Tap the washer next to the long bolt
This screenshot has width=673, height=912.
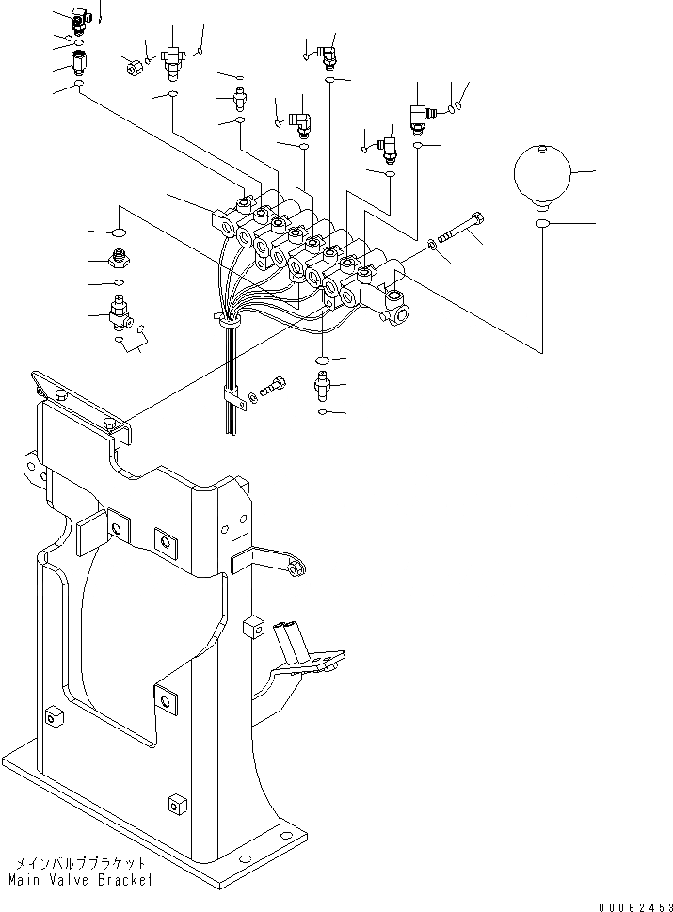[x=432, y=246]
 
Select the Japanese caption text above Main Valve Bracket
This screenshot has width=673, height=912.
[x=79, y=862]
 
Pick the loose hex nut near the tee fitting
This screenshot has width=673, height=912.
[x=133, y=67]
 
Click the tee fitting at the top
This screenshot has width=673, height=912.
[x=172, y=58]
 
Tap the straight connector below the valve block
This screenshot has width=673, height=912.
[x=323, y=386]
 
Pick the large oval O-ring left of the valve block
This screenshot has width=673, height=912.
[x=120, y=232]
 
